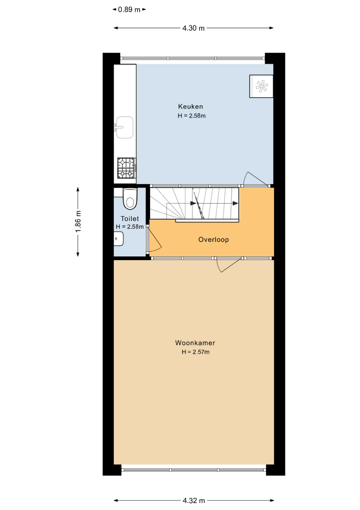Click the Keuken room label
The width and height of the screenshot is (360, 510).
pyautogui.click(x=191, y=106)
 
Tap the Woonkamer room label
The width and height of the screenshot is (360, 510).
pyautogui.click(x=195, y=343)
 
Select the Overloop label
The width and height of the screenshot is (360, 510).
pyautogui.click(x=213, y=240)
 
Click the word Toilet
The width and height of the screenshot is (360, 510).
pyautogui.click(x=130, y=219)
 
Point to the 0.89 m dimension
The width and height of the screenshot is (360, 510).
pyautogui.click(x=129, y=10)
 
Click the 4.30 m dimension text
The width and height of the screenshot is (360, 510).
pyautogui.click(x=193, y=28)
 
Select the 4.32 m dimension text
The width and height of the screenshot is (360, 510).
pyautogui.click(x=193, y=501)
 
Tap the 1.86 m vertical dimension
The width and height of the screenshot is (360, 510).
pyautogui.click(x=78, y=222)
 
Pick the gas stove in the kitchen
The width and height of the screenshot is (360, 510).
pyautogui.click(x=127, y=168)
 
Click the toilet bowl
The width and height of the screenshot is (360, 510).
pyautogui.click(x=130, y=199)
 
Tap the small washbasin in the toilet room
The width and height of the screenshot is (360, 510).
pyautogui.click(x=118, y=238)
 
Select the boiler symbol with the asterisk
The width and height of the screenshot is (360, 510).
pyautogui.click(x=261, y=86)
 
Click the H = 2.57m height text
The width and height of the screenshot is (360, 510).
pyautogui.click(x=195, y=352)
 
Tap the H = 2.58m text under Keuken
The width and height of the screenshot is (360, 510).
pyautogui.click(x=192, y=116)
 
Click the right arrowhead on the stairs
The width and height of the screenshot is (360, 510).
pyautogui.click(x=235, y=204)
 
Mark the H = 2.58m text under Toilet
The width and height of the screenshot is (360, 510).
pyautogui.click(x=130, y=227)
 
